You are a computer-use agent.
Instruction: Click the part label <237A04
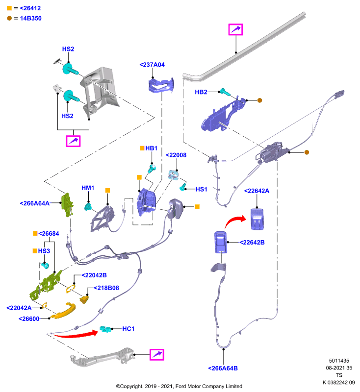click(152, 65)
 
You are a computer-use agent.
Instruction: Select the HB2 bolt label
click(201, 92)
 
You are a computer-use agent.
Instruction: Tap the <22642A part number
click(257, 191)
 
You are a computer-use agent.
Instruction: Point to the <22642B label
click(252, 243)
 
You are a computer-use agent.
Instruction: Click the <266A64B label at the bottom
click(223, 368)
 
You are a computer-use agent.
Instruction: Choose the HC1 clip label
click(129, 329)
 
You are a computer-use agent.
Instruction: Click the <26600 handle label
click(29, 319)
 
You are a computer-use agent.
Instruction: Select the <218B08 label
click(106, 288)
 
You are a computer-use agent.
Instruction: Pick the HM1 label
click(88, 188)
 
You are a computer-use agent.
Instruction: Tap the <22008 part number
click(176, 155)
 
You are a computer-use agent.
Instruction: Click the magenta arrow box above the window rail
click(235, 29)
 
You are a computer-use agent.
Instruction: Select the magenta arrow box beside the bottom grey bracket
click(157, 354)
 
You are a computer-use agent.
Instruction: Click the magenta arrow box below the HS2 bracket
click(73, 141)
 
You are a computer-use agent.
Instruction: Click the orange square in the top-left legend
click(9, 8)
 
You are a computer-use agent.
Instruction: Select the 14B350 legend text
click(31, 19)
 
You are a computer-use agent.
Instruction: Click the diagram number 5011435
click(339, 361)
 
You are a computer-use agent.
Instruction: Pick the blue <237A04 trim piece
click(161, 85)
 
